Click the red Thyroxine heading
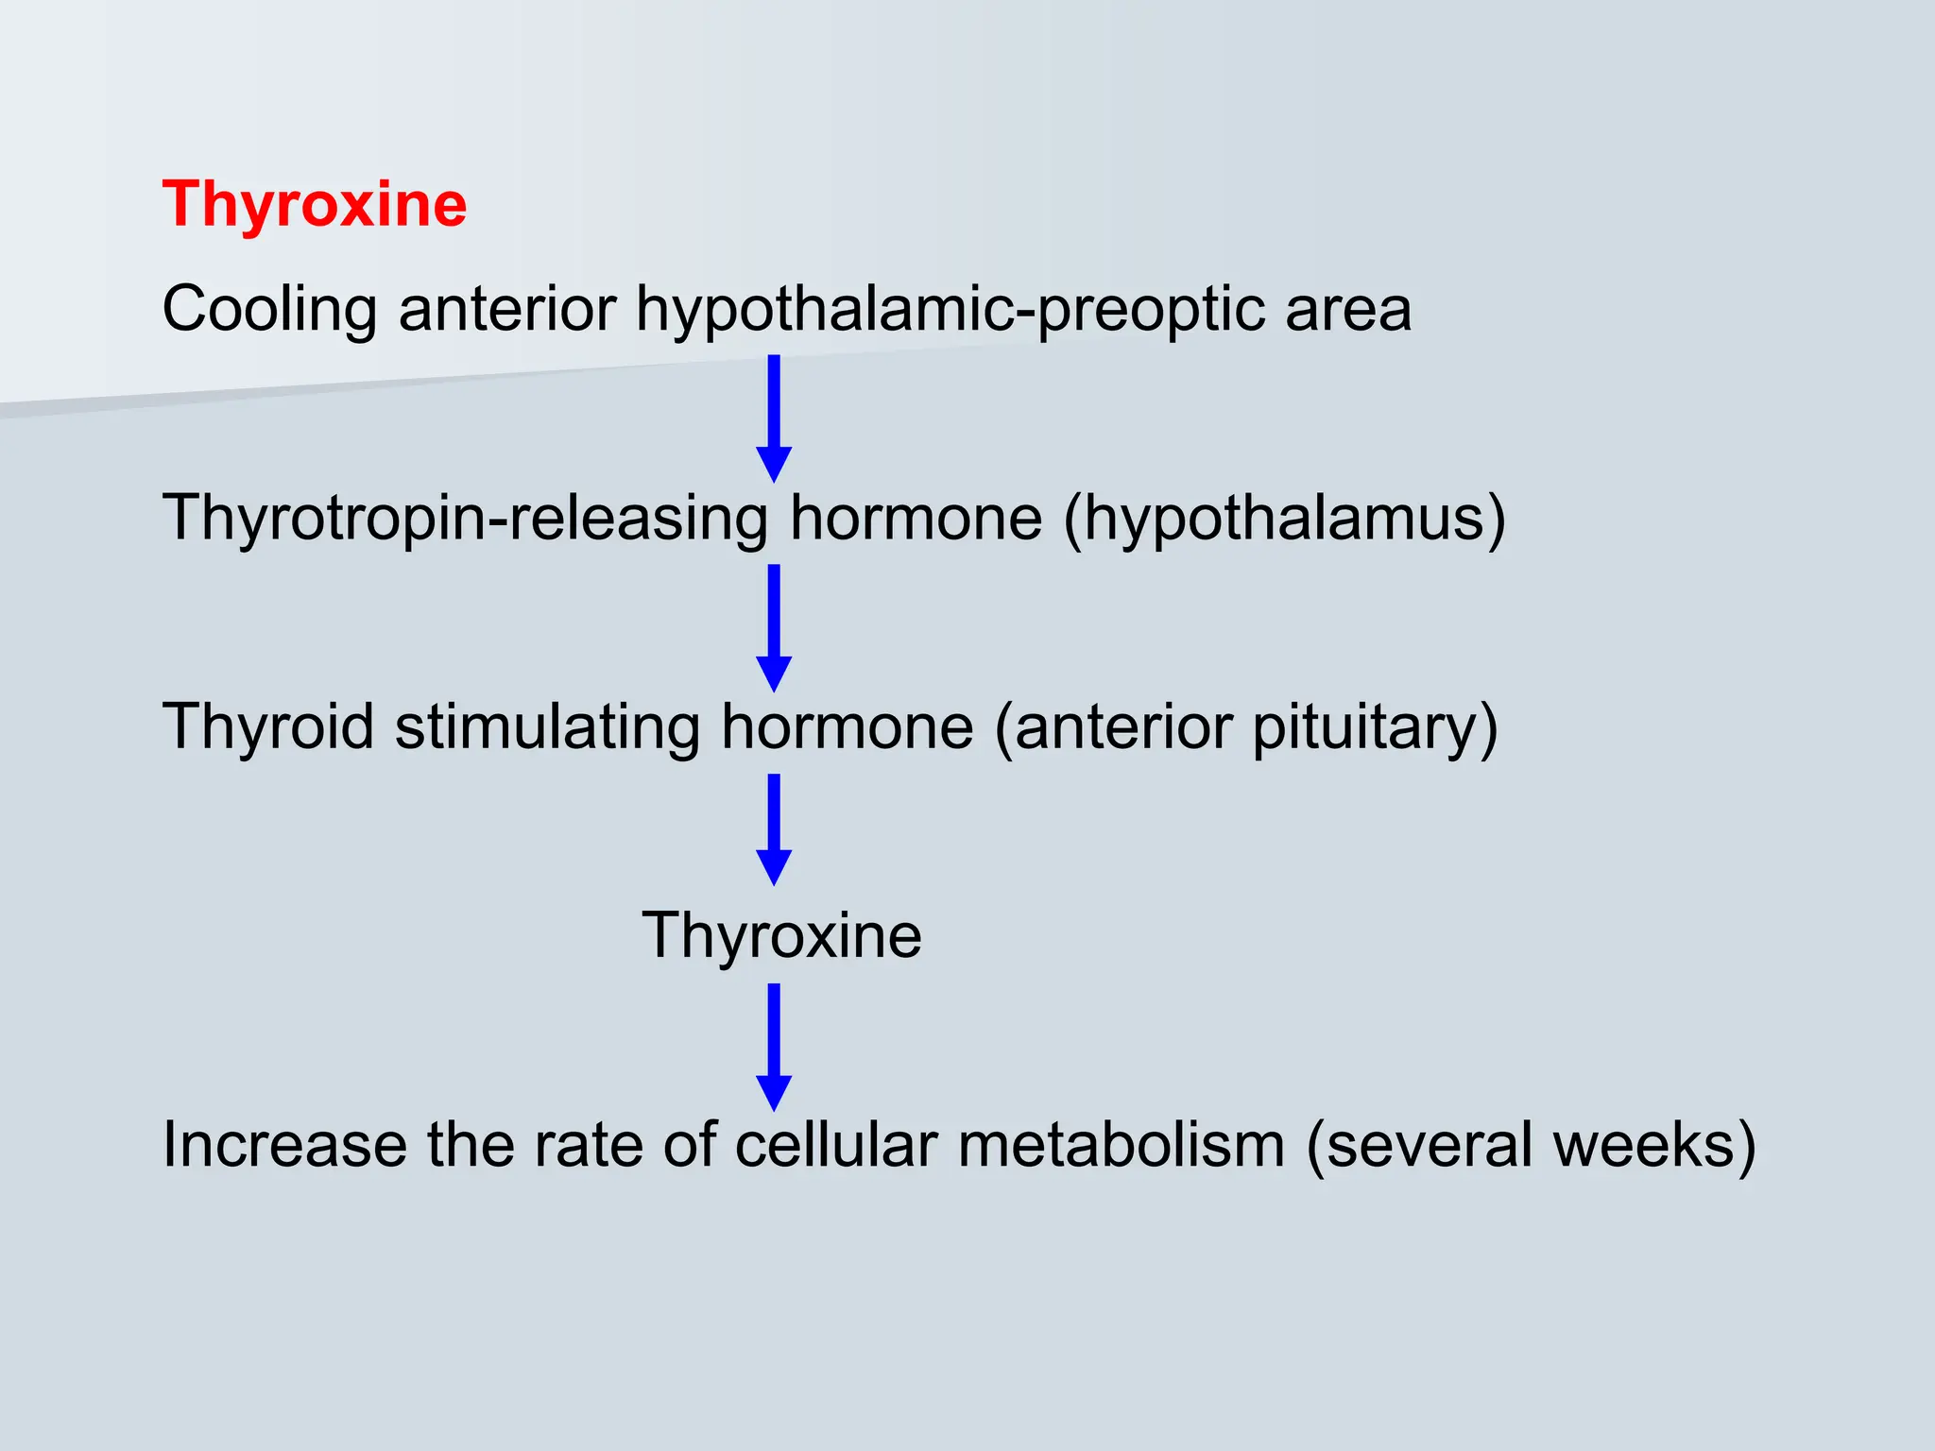tap(315, 205)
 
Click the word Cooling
tap(269, 310)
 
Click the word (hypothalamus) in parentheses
tap(1285, 519)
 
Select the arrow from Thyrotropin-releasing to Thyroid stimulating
tap(774, 627)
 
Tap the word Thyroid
tap(268, 727)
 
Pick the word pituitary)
tap(1375, 727)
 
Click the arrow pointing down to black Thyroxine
tap(774, 828)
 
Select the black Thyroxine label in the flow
tap(781, 936)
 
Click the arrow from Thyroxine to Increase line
tap(774, 1046)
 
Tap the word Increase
tap(283, 1145)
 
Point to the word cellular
tap(836, 1145)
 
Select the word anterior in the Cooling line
tap(507, 310)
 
